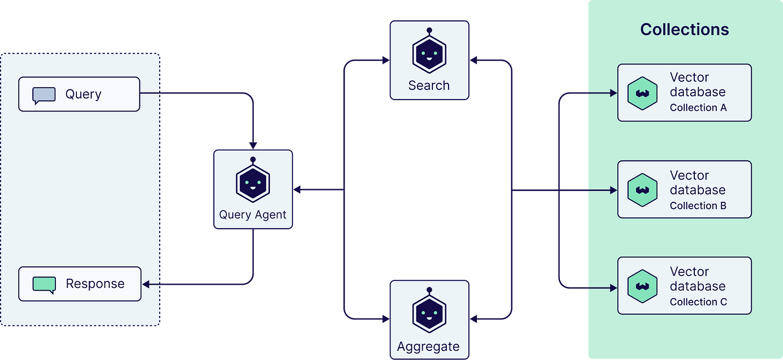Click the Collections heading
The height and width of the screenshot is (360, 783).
(685, 29)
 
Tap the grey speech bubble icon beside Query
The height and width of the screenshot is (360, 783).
(44, 95)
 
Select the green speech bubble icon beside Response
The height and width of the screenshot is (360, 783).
(44, 284)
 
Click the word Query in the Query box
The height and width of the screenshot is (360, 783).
(83, 94)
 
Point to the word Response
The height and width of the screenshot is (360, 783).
(95, 284)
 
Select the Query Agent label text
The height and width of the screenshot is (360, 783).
(253, 215)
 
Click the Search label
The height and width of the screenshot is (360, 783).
(429, 86)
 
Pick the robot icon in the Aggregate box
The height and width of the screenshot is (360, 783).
(429, 313)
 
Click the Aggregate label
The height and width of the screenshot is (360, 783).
(429, 347)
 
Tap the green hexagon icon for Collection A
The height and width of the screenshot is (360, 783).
(643, 93)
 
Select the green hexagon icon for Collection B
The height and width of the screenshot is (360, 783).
(643, 190)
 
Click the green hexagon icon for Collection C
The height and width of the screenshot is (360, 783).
(643, 286)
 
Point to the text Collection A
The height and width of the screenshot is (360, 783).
(698, 108)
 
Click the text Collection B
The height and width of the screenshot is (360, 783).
(698, 206)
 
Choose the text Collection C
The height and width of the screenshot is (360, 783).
(698, 302)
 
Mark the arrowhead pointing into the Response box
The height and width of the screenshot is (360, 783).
(145, 284)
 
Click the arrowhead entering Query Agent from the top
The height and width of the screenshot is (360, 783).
(253, 145)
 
